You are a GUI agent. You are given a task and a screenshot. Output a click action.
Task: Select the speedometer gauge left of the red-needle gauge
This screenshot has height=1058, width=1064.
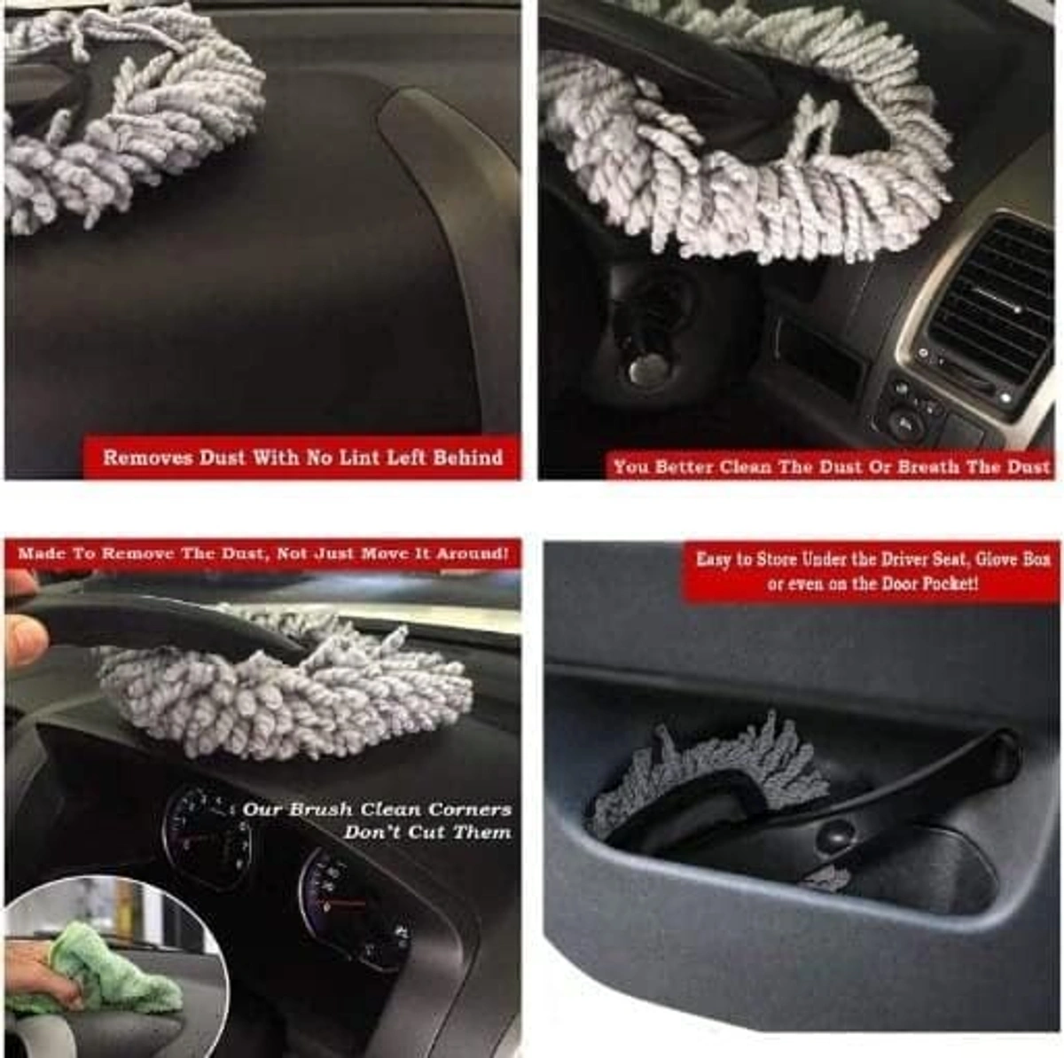(206, 834)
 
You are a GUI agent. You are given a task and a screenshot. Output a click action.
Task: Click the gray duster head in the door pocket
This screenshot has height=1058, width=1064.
(709, 772)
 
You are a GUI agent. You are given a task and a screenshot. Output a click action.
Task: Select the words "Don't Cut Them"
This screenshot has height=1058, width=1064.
(427, 833)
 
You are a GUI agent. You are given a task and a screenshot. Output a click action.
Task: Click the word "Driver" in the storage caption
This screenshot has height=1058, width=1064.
(883, 560)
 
